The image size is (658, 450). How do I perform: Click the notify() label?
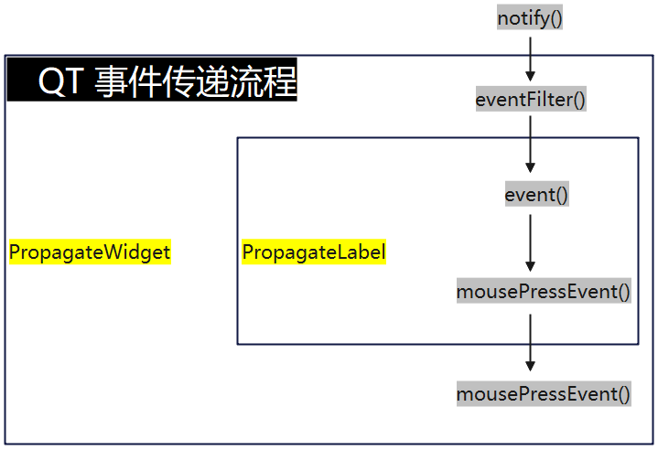(530, 17)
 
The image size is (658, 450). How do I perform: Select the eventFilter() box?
(531, 100)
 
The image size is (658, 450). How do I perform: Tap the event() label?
(536, 194)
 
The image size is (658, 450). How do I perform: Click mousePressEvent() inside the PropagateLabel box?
(544, 291)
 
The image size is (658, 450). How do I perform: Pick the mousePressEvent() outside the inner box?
(544, 393)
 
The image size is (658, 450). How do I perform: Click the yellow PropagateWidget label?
(90, 252)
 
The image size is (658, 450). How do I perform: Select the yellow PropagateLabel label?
(314, 252)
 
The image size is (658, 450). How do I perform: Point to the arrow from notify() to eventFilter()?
(530, 59)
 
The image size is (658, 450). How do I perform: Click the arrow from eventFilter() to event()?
(530, 145)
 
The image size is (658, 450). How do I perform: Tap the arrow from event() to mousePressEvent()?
(530, 243)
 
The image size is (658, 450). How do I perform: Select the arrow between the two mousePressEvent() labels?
(530, 343)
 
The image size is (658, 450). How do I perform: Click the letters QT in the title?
(59, 80)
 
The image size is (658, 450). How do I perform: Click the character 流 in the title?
(247, 80)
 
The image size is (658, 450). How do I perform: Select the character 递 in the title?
(212, 80)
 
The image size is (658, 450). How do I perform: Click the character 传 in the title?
(179, 80)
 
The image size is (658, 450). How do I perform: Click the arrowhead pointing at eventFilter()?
(530, 76)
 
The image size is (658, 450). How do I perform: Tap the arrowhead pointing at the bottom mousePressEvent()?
(530, 366)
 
